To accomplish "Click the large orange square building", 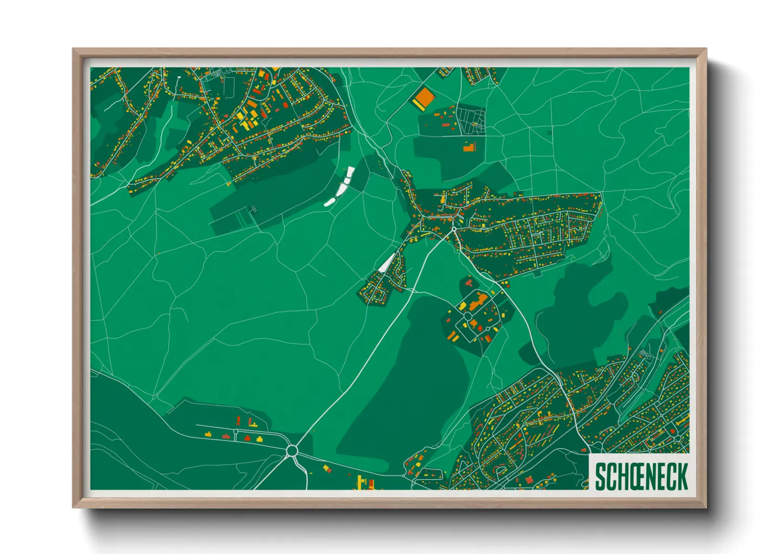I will point(425,96).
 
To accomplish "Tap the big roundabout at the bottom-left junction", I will point(292,450).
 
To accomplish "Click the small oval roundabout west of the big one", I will point(235,432).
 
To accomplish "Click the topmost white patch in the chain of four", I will point(350,171).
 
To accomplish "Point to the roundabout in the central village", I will point(453,229).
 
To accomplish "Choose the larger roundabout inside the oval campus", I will point(467,316).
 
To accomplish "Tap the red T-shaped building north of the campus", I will point(469,283).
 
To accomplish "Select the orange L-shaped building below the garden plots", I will point(469,147).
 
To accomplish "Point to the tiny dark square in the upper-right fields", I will point(549,133).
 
